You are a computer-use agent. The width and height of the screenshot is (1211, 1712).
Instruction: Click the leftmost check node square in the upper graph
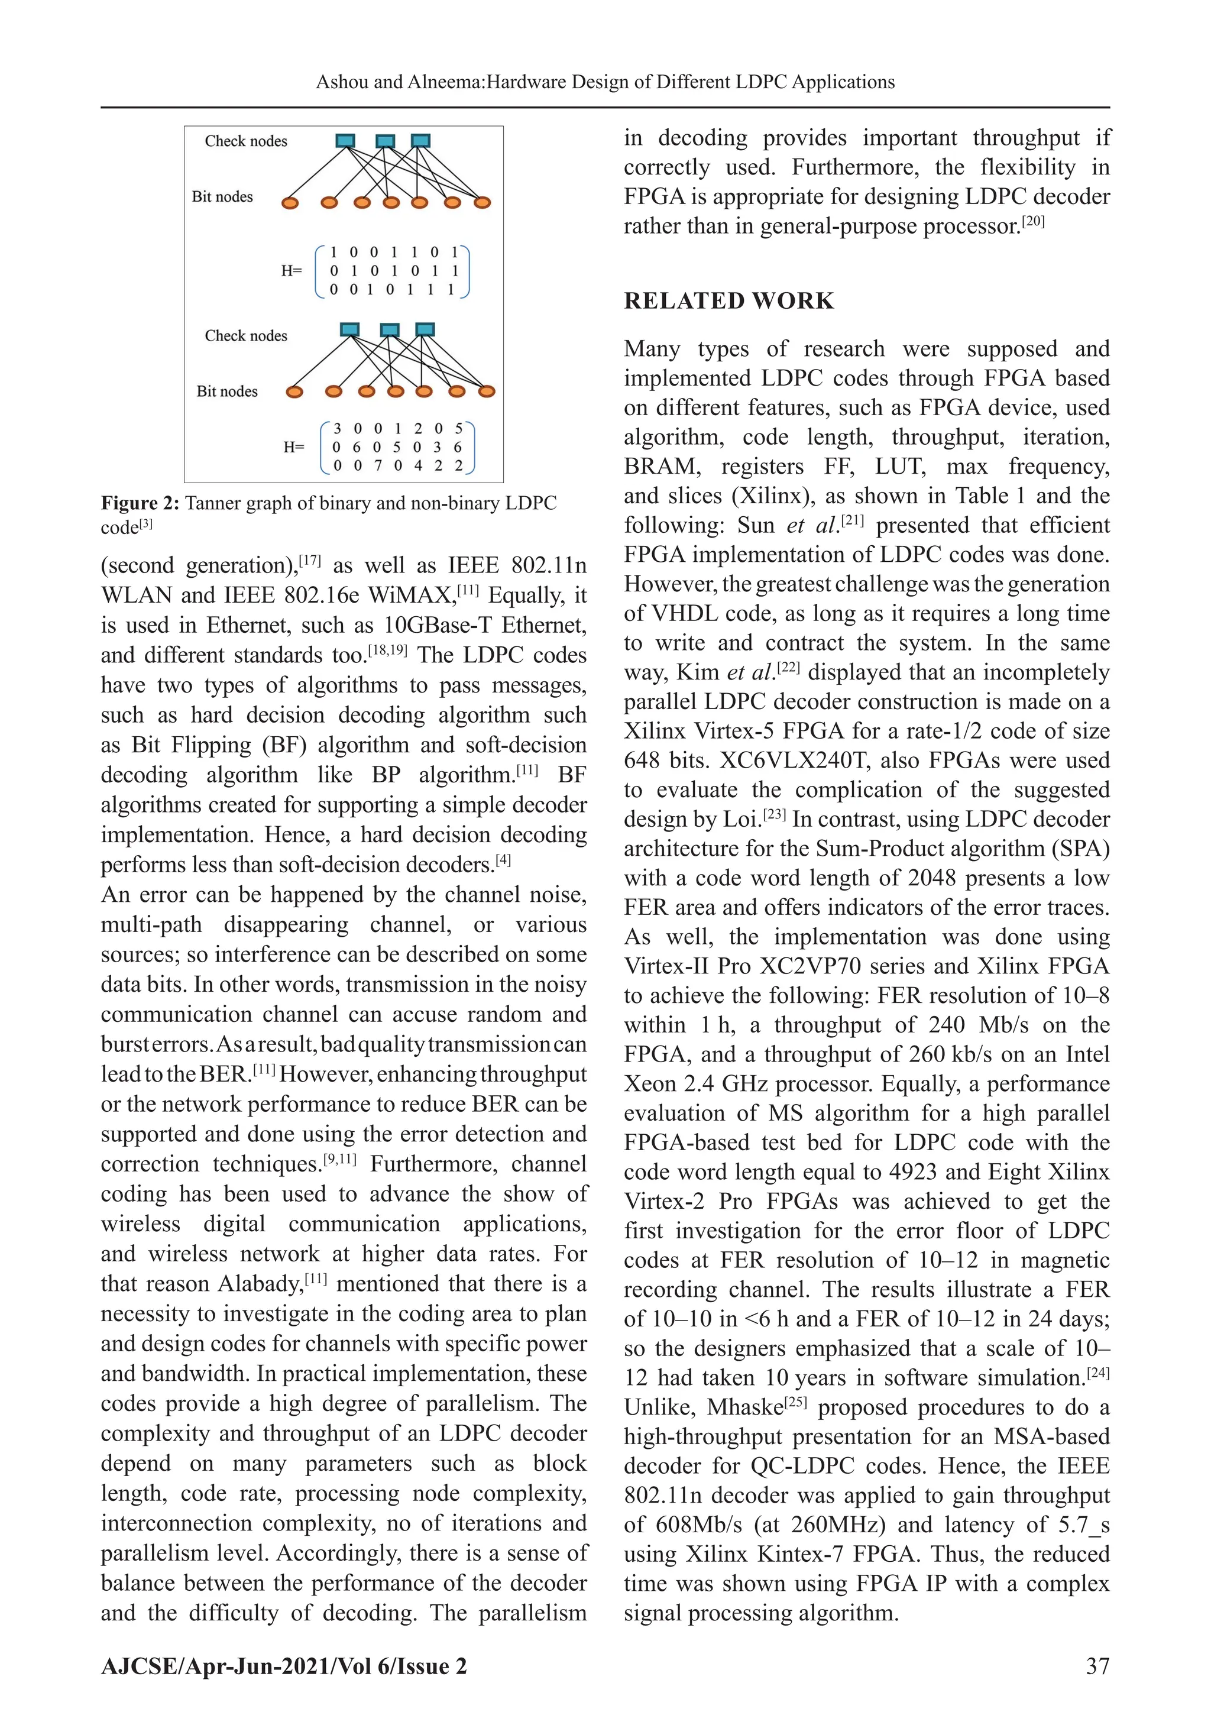(x=345, y=140)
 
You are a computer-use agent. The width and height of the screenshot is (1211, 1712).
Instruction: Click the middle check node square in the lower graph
(x=389, y=329)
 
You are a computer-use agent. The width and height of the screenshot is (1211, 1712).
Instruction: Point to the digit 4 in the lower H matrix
(x=417, y=466)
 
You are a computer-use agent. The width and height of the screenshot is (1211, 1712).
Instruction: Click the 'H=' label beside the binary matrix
(x=292, y=271)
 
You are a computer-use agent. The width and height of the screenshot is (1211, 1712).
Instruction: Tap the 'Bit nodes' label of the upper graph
(x=222, y=197)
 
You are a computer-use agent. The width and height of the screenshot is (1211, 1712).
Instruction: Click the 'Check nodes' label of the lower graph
(x=245, y=335)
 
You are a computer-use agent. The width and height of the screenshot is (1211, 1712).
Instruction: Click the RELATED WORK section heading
(x=728, y=300)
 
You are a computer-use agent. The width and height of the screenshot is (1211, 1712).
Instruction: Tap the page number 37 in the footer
(x=1097, y=1666)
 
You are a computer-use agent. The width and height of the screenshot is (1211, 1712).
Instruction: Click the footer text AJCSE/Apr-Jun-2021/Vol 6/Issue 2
(x=284, y=1666)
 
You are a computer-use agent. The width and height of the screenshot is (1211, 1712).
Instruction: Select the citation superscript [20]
(x=1034, y=221)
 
